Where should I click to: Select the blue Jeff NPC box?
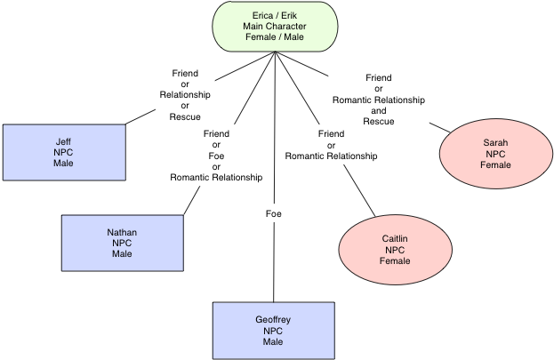point(63,151)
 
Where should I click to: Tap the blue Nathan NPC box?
point(122,243)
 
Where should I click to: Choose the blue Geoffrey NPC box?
point(273,330)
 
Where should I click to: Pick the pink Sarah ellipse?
point(495,153)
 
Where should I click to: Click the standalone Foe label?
point(274,214)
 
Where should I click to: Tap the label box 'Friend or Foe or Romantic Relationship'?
point(216,156)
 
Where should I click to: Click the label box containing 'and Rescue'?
point(379,100)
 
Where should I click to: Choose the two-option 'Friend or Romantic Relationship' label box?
point(331,146)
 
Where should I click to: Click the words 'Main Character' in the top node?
point(276,26)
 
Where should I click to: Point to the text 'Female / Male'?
point(276,37)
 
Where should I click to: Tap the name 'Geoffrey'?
point(273,318)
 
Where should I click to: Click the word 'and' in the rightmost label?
point(379,110)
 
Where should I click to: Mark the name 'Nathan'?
point(122,232)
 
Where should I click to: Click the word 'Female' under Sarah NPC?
point(495,164)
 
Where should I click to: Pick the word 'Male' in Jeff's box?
point(63,163)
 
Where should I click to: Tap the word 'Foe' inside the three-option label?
point(216,156)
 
